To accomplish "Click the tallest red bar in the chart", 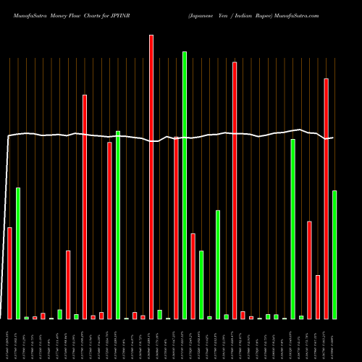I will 151,177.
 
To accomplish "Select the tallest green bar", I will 185,185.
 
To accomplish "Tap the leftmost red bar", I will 9,273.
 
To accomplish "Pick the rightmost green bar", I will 334,254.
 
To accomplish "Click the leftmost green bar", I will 18,253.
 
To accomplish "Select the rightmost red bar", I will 326,198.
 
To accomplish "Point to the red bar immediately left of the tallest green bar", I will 176,228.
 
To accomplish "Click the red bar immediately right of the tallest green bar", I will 193,276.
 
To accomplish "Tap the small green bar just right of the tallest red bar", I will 159,314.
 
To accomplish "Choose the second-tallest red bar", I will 235,190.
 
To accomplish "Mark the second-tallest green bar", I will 292,229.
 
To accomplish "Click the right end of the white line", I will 333,138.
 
